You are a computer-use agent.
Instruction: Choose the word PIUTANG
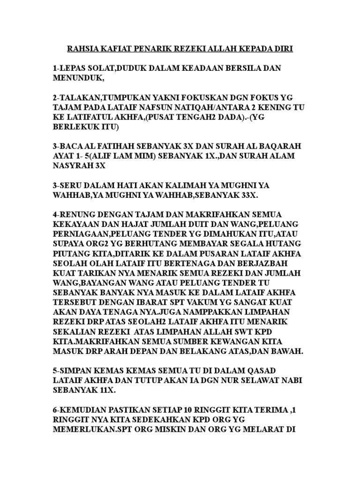pos(71,253)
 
